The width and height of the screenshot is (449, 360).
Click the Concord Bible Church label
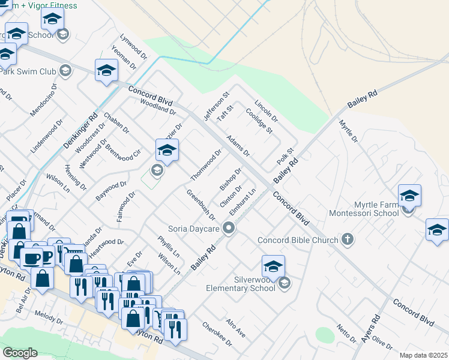(298, 241)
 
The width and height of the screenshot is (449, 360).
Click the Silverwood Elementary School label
(243, 283)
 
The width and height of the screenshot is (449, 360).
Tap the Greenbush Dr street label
(200, 205)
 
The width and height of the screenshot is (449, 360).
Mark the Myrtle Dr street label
(348, 131)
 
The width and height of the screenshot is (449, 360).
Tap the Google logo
(20, 353)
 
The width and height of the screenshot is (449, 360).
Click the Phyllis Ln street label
(169, 246)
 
